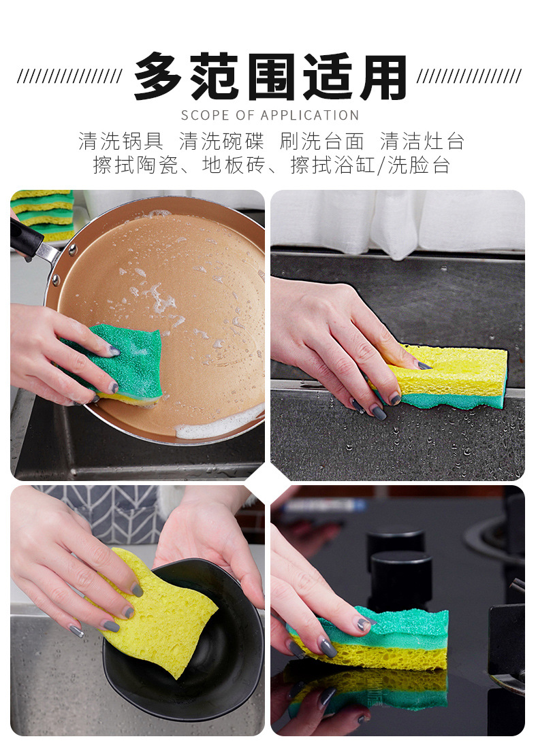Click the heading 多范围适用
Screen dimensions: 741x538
[270, 77]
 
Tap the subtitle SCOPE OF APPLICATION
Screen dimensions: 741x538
[270, 115]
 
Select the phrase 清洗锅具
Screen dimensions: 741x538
[121, 142]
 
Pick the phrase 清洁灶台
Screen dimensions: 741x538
[422, 142]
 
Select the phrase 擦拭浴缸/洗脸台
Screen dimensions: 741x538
[370, 165]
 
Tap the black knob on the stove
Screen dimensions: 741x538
[400, 578]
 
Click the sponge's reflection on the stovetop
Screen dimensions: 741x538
[381, 691]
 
